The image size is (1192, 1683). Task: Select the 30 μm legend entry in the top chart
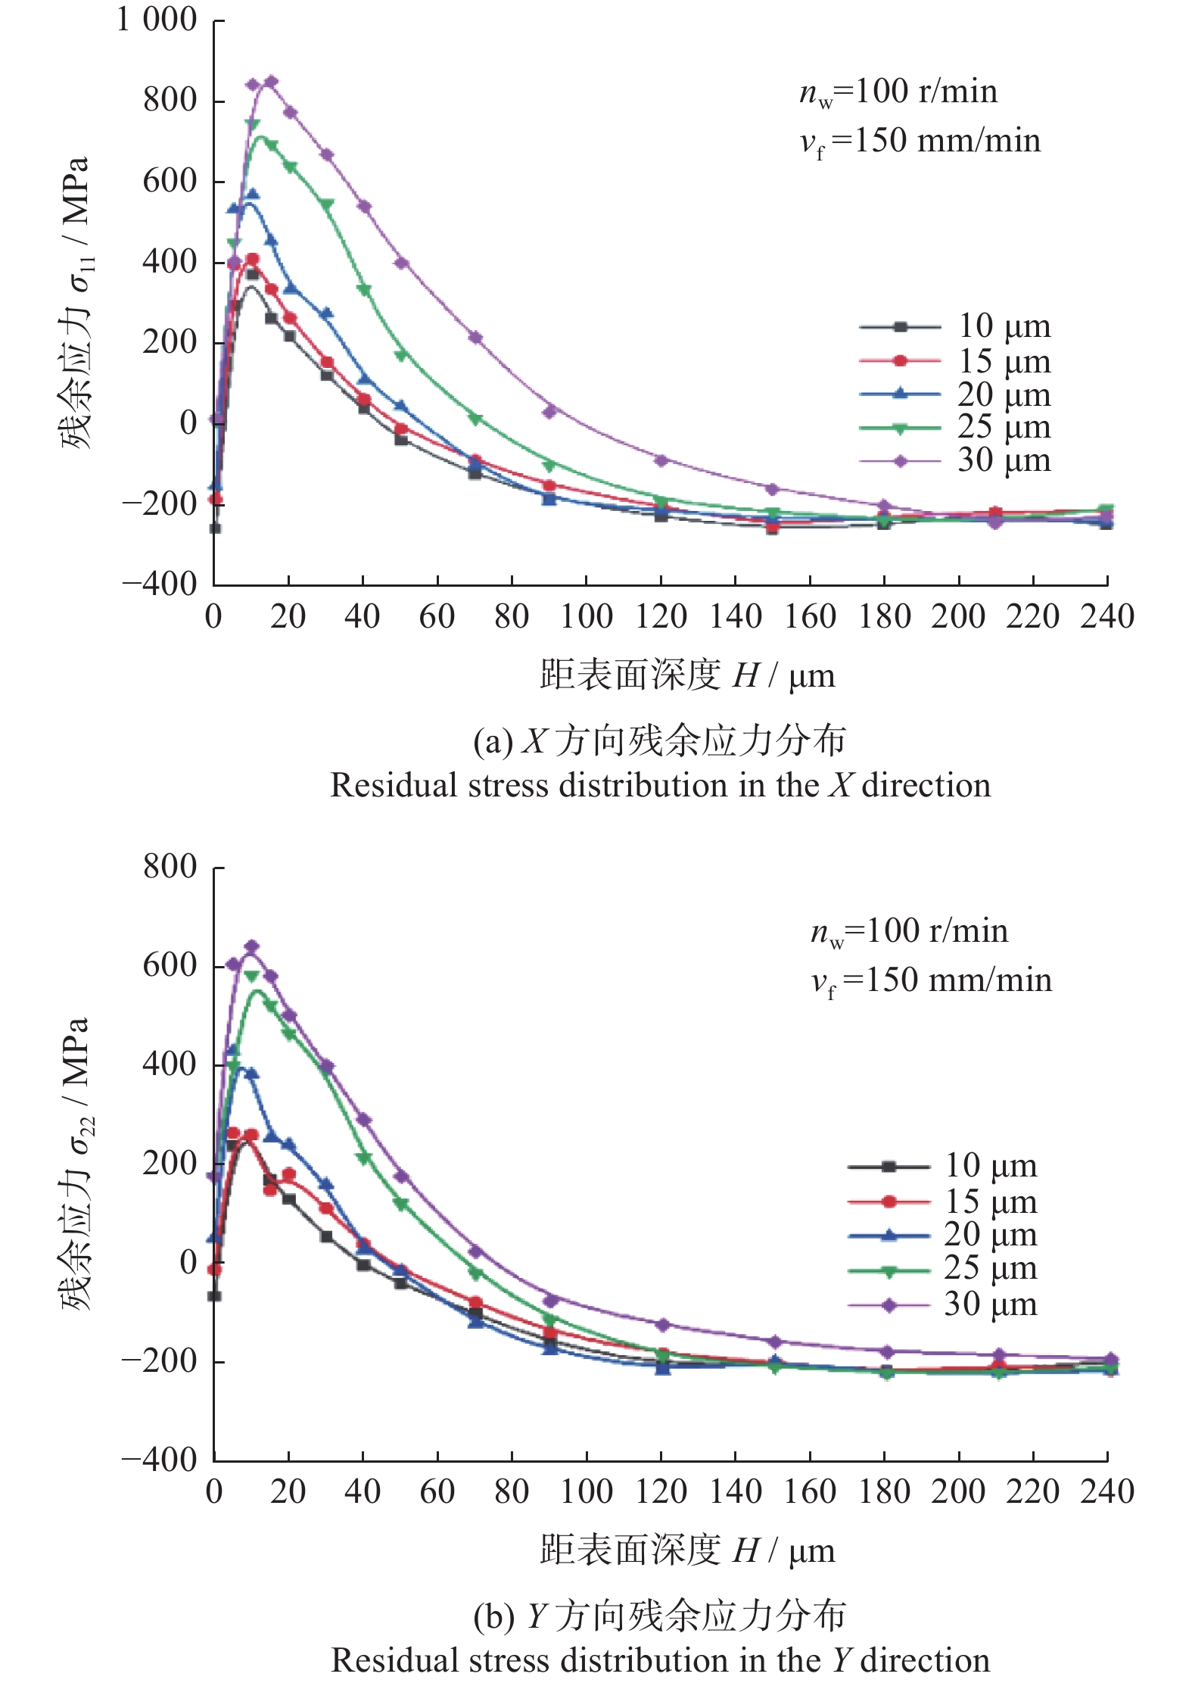pyautogui.click(x=956, y=460)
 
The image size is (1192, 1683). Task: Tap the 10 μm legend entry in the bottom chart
pyautogui.click(x=943, y=1166)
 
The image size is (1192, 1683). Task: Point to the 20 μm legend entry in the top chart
pyautogui.click(x=956, y=394)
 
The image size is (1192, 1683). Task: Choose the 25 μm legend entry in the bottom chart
pyautogui.click(x=943, y=1267)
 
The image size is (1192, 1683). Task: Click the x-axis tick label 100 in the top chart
pyautogui.click(x=586, y=616)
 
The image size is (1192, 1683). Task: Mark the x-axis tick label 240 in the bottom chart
pyautogui.click(x=1107, y=1491)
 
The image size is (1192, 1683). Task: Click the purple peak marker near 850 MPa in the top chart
pyautogui.click(x=271, y=81)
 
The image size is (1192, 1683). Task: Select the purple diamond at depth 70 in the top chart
pyautogui.click(x=475, y=337)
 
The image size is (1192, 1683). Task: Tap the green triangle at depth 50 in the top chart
pyautogui.click(x=401, y=354)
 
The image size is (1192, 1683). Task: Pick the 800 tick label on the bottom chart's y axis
pyautogui.click(x=170, y=866)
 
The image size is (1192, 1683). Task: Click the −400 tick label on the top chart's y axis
pyautogui.click(x=160, y=583)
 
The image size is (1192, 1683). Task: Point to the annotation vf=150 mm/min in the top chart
pyautogui.click(x=920, y=142)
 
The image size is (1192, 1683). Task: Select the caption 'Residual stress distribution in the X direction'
pyautogui.click(x=661, y=785)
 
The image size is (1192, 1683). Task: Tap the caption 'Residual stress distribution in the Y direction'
pyautogui.click(x=661, y=1660)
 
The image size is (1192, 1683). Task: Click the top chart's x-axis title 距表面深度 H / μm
pyautogui.click(x=687, y=675)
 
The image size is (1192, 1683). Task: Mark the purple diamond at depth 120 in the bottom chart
pyautogui.click(x=663, y=1325)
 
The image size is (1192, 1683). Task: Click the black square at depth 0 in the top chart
pyautogui.click(x=215, y=528)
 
